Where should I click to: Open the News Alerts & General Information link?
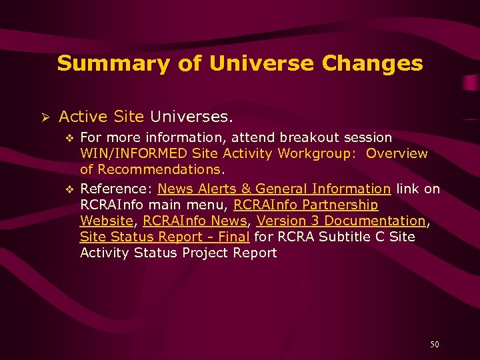[x=274, y=189]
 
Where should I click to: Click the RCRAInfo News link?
[x=195, y=221]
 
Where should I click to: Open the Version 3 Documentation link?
[x=341, y=221]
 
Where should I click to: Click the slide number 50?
[x=435, y=345]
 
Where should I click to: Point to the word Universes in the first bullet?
[x=191, y=117]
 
